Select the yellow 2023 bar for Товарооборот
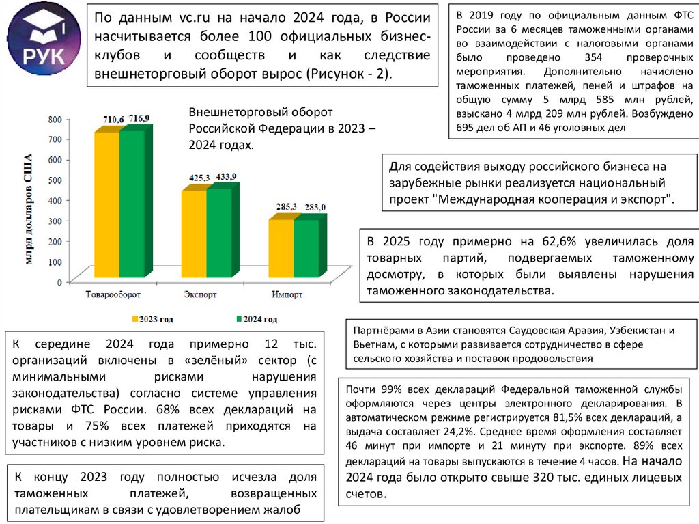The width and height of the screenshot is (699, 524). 107,205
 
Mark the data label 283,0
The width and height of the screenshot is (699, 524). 315,207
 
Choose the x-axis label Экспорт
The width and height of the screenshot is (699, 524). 201,294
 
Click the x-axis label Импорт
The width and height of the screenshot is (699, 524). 287,294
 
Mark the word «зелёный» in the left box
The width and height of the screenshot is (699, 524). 204,359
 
